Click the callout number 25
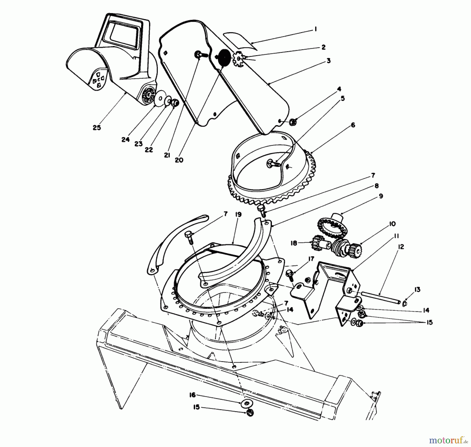[x=97, y=128]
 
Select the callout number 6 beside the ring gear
[x=353, y=125]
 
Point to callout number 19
[x=238, y=214]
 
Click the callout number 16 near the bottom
[x=193, y=395]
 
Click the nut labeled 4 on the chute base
[x=293, y=122]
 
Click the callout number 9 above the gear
[x=381, y=196]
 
